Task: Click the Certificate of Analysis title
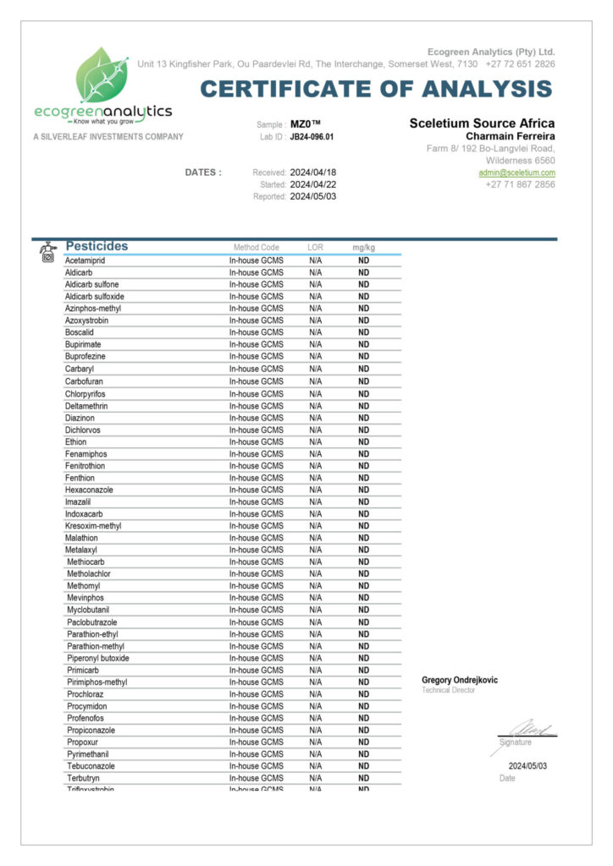coord(376,89)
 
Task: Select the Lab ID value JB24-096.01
coord(312,136)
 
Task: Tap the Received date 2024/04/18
coord(313,173)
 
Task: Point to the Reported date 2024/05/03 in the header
coord(313,196)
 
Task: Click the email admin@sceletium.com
coord(516,173)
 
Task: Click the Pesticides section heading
coord(97,246)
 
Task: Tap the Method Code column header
coord(256,248)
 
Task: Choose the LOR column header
coord(315,248)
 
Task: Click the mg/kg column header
coord(363,248)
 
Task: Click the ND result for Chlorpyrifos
coord(363,393)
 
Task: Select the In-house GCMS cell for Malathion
coord(256,538)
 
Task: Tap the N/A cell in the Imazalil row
coord(315,502)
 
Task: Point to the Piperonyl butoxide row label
coord(98,658)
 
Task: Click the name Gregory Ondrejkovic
coord(460,680)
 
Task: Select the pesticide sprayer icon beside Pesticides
coord(47,251)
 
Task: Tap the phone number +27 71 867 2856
coord(520,184)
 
